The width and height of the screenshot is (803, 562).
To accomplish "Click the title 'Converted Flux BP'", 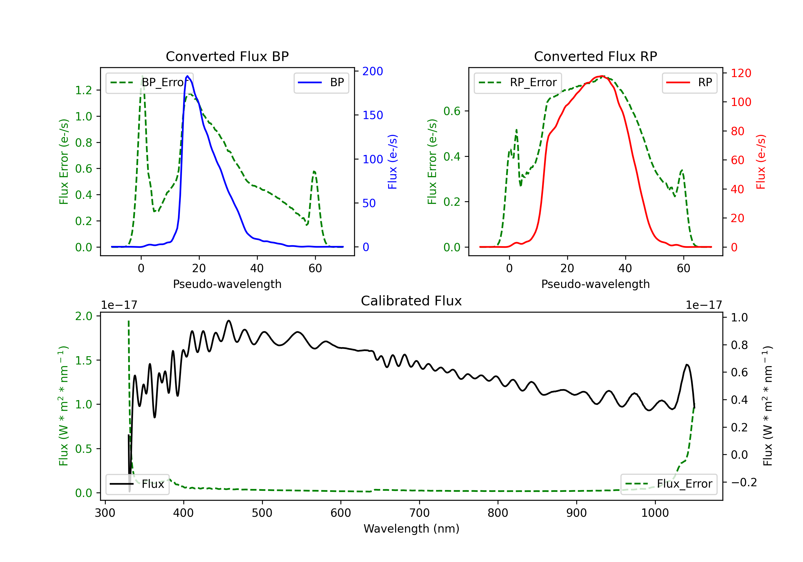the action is pyautogui.click(x=227, y=56).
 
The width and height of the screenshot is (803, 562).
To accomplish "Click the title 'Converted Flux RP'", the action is pyautogui.click(x=595, y=56).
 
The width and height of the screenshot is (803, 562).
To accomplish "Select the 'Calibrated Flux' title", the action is pyautogui.click(x=411, y=301).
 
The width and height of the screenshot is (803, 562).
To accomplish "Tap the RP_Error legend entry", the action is pyautogui.click(x=518, y=82).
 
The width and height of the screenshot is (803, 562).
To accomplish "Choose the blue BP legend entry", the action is pyautogui.click(x=321, y=82).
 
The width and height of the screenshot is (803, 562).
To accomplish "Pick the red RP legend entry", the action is pyautogui.click(x=689, y=82).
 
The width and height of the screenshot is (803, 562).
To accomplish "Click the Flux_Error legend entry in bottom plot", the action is pyautogui.click(x=669, y=484).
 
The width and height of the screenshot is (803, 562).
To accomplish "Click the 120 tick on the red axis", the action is pyautogui.click(x=741, y=73).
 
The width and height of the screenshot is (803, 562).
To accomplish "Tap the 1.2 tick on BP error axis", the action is pyautogui.click(x=84, y=90).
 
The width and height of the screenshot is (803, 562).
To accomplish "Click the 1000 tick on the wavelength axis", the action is pyautogui.click(x=655, y=513).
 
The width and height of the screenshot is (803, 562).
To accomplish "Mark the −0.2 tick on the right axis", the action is pyautogui.click(x=744, y=482).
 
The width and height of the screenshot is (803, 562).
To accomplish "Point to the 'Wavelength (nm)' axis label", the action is pyautogui.click(x=411, y=529).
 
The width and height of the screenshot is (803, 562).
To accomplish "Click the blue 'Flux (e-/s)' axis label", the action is pyautogui.click(x=392, y=162).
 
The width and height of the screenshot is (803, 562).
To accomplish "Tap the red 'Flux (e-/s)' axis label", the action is pyautogui.click(x=761, y=162).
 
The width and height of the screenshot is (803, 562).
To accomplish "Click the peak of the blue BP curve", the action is pyautogui.click(x=187, y=76).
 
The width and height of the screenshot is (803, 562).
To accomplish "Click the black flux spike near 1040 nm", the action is pyautogui.click(x=687, y=365).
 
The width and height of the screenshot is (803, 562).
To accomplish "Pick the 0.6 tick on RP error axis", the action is pyautogui.click(x=452, y=111).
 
